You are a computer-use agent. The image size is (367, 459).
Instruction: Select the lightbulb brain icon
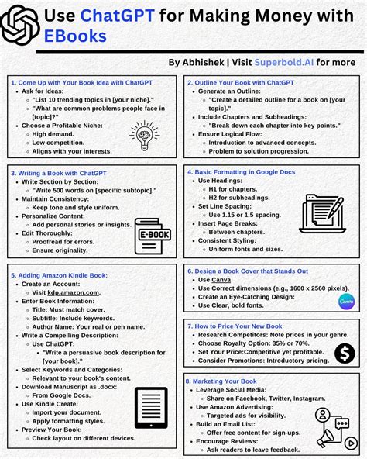pos(145,135)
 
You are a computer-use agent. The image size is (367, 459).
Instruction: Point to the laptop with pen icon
pos(321,214)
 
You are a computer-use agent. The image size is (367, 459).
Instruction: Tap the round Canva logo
pos(345,302)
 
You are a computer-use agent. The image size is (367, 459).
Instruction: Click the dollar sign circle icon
pos(345,353)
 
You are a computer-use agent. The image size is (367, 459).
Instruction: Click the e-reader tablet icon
pos(150,408)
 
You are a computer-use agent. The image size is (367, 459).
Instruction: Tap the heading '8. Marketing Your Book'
pos(221,381)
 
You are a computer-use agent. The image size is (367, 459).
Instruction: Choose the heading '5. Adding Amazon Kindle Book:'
pos(59,274)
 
